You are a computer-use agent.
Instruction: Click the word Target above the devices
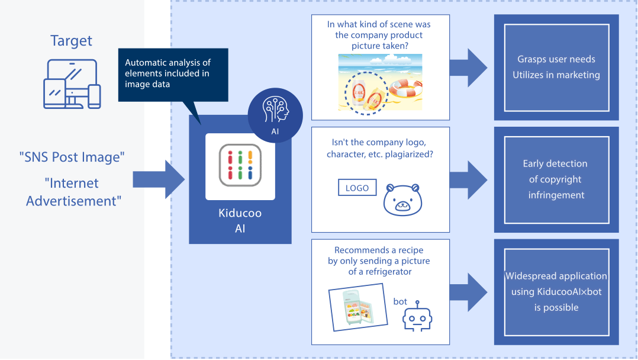coord(71,41)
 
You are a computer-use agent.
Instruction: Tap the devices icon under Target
coord(72,84)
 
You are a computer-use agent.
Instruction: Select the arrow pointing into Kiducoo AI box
coord(159,179)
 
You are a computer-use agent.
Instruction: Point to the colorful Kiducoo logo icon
coord(240,165)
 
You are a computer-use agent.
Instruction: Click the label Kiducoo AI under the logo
coord(240,221)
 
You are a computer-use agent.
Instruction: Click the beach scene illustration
coord(380,82)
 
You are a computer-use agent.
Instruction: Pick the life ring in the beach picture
coord(405,88)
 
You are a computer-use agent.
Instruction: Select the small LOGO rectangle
coord(357,188)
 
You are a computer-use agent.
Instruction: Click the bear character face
coord(402,200)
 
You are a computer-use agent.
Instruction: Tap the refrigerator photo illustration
coord(357,307)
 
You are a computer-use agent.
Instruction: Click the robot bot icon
coord(417,316)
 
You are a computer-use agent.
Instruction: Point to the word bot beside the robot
coord(400,301)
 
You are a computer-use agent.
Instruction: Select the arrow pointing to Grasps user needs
coord(468,67)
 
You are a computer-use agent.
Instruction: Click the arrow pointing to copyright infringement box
coord(468,179)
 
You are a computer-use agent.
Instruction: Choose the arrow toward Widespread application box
coord(468,292)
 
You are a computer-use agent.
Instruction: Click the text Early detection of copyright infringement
coord(556,179)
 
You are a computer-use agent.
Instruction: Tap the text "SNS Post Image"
coord(72,157)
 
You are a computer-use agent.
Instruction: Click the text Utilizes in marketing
coord(556,75)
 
